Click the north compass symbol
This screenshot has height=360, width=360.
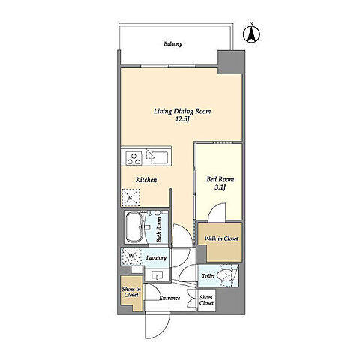coord(251,33)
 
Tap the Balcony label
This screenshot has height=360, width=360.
coord(173,44)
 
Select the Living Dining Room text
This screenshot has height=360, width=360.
coord(182,112)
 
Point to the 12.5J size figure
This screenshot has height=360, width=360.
coord(182,119)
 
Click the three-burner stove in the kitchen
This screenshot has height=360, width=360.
coord(133,158)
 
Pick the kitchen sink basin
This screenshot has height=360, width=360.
coord(160,157)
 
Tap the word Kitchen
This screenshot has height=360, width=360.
coord(146,180)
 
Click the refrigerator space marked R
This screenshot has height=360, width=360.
coord(130,198)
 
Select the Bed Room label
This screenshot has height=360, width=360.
coord(220,179)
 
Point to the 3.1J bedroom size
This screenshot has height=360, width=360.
coord(220,187)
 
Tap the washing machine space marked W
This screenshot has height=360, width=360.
coord(130,256)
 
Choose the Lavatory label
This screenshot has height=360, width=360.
coord(156,258)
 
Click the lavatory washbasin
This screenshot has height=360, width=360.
coord(157,274)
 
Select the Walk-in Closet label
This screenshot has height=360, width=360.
coord(221,238)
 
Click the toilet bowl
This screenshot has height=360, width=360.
coord(225,275)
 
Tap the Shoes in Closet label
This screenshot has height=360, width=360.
coord(131,292)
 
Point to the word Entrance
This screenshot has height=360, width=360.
coord(169,298)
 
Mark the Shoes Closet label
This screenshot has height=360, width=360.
coord(206,300)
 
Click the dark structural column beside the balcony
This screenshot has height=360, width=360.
coord(231,62)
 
